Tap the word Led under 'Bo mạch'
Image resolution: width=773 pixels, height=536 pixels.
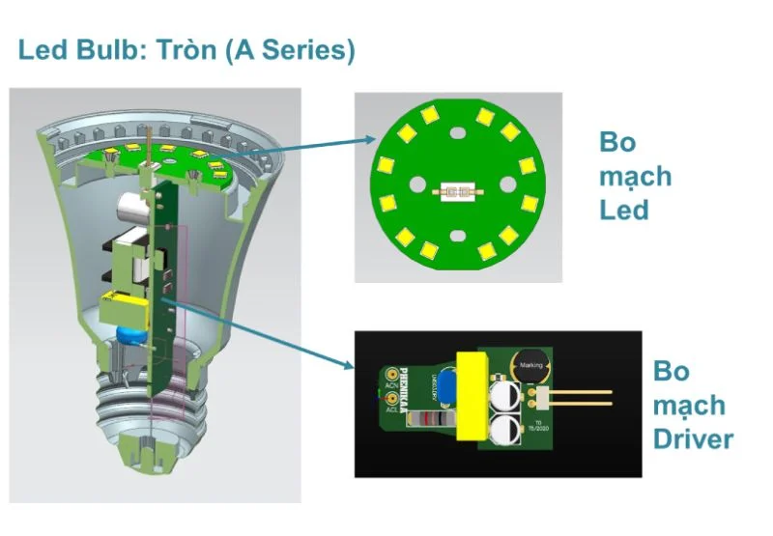pyautogui.click(x=623, y=209)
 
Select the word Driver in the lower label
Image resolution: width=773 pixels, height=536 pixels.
pyautogui.click(x=693, y=439)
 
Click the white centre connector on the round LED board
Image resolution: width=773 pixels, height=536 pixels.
pyautogui.click(x=457, y=191)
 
